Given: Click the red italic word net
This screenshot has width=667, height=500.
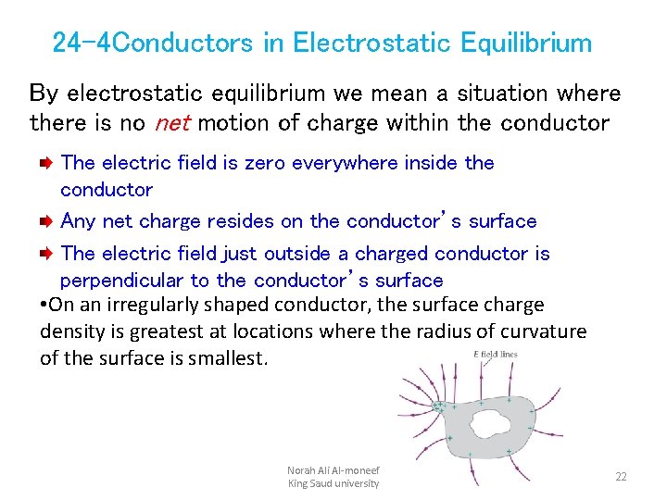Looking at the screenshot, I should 172,122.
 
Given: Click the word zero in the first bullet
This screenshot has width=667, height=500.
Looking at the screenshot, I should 266,163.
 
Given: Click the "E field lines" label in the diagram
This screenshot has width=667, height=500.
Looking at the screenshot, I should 495,355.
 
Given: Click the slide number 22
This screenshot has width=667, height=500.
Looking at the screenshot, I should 621,476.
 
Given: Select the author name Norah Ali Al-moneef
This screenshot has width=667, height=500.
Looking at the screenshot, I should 333,470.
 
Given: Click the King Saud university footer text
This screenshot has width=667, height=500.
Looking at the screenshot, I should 333,483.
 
